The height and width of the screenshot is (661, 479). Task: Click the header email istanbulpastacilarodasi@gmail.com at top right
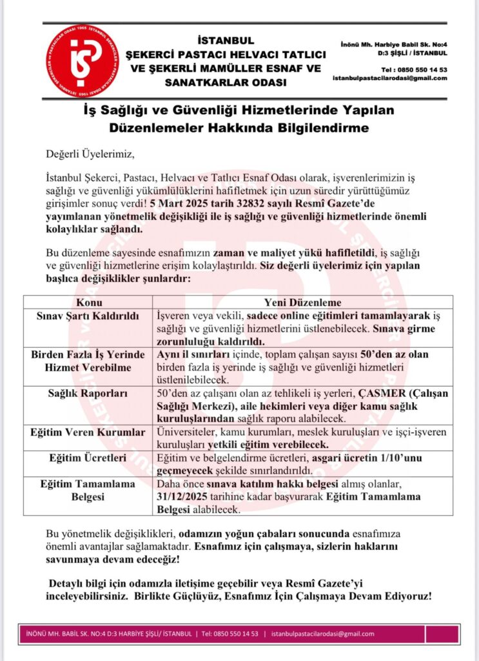[390, 78]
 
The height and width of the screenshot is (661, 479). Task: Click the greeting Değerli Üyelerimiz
[92, 155]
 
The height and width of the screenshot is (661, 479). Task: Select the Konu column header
[88, 303]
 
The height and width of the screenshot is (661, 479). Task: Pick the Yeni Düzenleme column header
[302, 303]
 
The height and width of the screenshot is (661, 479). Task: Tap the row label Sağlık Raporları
[88, 394]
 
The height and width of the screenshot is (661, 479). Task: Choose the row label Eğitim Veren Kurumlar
[88, 432]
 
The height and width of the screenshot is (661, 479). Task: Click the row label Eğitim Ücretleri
[88, 458]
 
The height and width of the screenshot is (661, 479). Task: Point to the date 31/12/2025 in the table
[189, 497]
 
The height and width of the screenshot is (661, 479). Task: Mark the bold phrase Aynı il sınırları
[195, 355]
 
